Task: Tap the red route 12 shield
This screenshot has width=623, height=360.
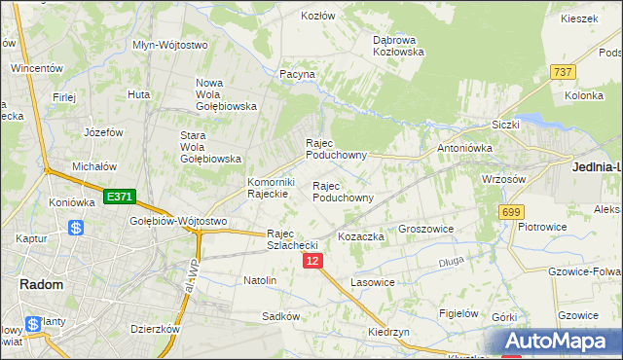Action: pos(311,262)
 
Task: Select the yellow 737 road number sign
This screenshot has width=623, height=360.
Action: pos(562,73)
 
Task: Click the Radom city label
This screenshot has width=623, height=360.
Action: pos(41,284)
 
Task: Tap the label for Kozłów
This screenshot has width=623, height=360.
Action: pos(318,16)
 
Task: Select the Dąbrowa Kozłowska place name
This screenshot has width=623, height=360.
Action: pos(398,46)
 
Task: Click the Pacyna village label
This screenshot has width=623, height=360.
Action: pos(297,74)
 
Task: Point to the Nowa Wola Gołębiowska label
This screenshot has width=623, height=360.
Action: pos(226,94)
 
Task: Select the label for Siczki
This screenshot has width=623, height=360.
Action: pos(506,125)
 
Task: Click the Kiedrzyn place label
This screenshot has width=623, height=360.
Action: pos(388,332)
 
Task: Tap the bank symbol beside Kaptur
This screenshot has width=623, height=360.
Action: pos(75,229)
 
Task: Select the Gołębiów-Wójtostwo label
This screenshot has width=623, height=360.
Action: pos(178,222)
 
